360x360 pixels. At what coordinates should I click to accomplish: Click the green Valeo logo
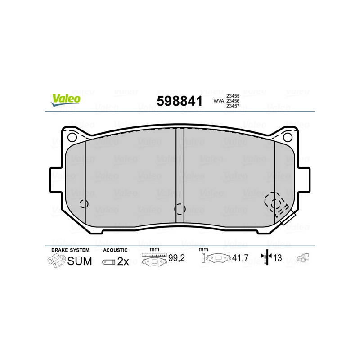click(x=66, y=100)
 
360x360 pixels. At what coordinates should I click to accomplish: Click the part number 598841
click(x=180, y=101)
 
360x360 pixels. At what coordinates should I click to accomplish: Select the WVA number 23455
click(x=233, y=96)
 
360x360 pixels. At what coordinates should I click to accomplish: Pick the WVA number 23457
click(x=233, y=106)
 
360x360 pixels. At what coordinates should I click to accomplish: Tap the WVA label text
click(x=219, y=101)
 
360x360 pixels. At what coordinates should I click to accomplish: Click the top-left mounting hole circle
click(x=72, y=137)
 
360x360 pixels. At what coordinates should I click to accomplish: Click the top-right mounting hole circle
click(x=288, y=137)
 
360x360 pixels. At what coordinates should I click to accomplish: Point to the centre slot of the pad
click(x=180, y=175)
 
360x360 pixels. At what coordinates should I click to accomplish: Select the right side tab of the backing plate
click(x=303, y=180)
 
